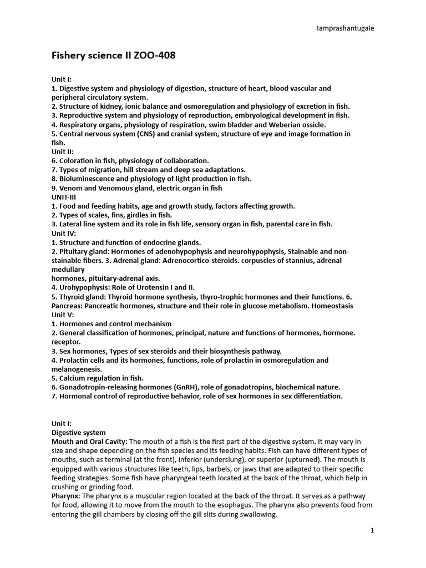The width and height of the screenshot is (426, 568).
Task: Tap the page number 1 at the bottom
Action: coord(373,530)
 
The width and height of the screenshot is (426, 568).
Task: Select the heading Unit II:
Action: coord(63,151)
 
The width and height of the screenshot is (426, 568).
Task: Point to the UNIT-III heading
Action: coord(64,197)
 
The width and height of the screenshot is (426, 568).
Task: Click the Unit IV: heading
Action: coord(63,233)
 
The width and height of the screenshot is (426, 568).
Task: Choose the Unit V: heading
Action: coord(63,315)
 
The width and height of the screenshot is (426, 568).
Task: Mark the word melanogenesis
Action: coord(77,369)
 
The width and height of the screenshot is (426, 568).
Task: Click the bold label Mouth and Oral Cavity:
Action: coord(89,441)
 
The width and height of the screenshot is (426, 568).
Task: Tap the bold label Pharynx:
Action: coord(67,496)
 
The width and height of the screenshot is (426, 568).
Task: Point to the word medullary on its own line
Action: coord(68,269)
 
